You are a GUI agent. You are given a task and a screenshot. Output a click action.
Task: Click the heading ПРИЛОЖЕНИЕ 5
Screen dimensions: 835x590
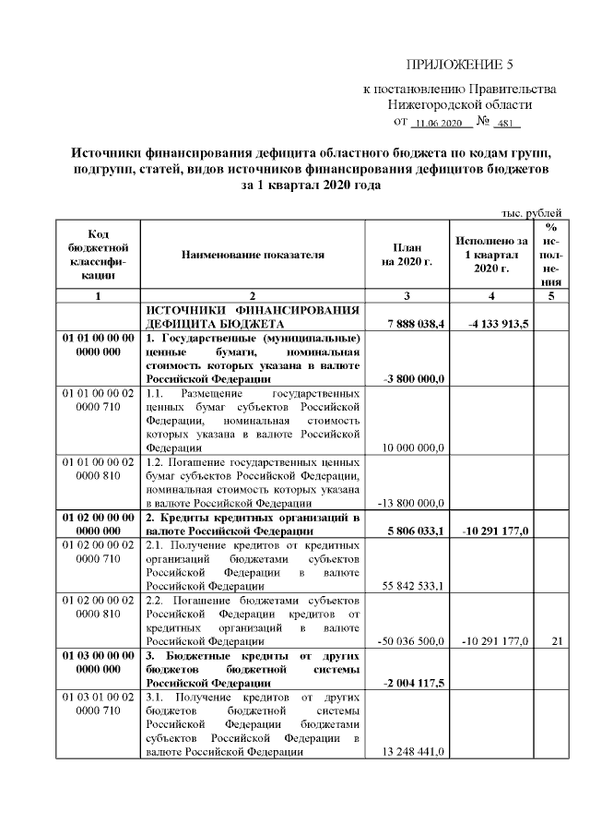pos(458,65)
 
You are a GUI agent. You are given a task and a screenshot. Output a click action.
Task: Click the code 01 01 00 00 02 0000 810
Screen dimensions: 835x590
pos(98,469)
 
